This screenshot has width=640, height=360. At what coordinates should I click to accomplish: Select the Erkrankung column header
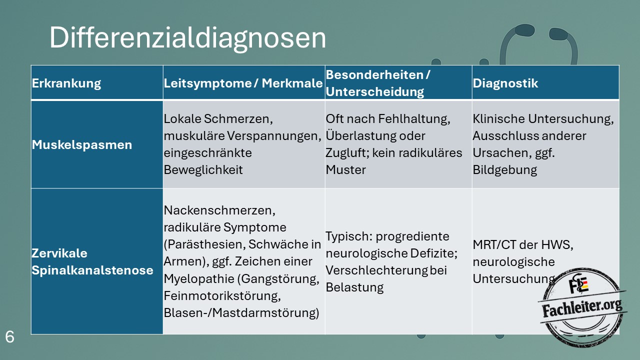pyautogui.click(x=66, y=83)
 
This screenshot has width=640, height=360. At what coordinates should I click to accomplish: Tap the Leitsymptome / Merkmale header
pyautogui.click(x=243, y=83)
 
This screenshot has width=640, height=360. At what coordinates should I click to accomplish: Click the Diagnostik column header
pyautogui.click(x=505, y=83)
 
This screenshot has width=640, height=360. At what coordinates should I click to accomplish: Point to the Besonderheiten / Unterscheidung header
pyautogui.click(x=377, y=83)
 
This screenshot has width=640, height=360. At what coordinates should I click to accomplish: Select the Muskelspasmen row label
pyautogui.click(x=81, y=144)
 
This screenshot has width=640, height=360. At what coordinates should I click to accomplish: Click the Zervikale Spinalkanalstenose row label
pyautogui.click(x=92, y=261)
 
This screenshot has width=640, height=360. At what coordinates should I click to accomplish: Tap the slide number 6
pyautogui.click(x=9, y=337)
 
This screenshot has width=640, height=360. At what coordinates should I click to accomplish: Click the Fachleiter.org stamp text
pyautogui.click(x=582, y=308)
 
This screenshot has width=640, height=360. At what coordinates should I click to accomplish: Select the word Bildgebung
pyautogui.click(x=505, y=170)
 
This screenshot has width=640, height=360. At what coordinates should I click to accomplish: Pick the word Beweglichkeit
pyautogui.click(x=203, y=170)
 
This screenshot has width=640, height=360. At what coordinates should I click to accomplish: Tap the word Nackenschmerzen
pyautogui.click(x=219, y=210)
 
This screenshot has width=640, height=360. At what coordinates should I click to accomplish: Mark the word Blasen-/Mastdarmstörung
pyautogui.click(x=241, y=313)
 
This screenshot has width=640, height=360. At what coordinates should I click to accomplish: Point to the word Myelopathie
pyautogui.click(x=199, y=279)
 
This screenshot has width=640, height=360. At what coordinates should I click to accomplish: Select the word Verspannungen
pyautogui.click(x=274, y=136)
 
